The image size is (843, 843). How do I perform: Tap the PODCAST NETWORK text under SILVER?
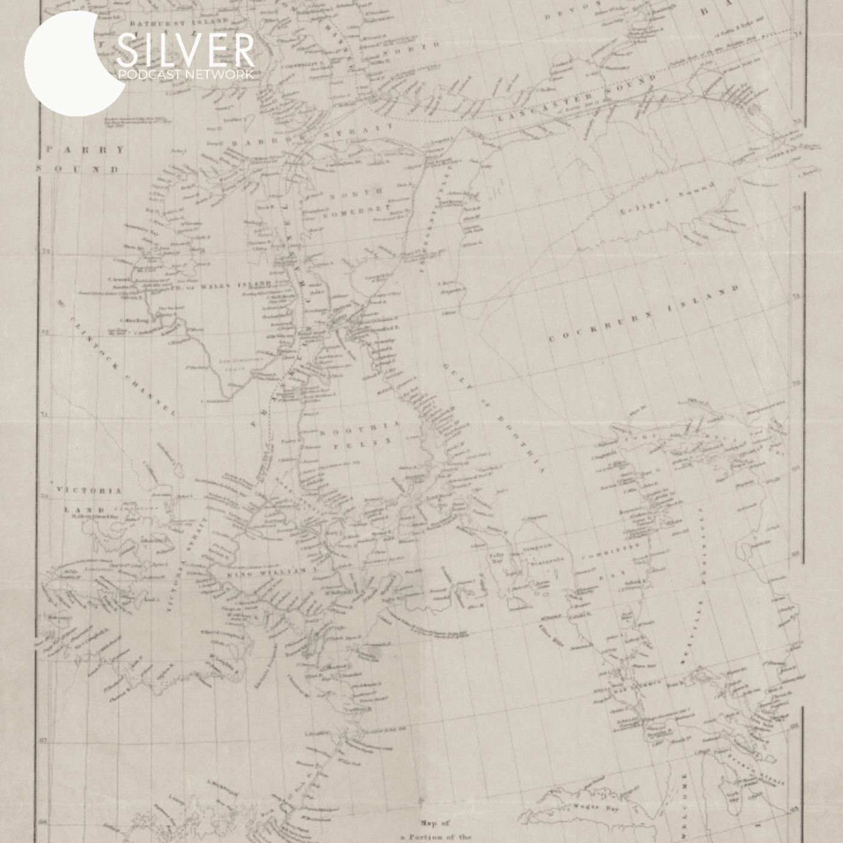pos(185,74)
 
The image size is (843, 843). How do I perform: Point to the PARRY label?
pos(84,149)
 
